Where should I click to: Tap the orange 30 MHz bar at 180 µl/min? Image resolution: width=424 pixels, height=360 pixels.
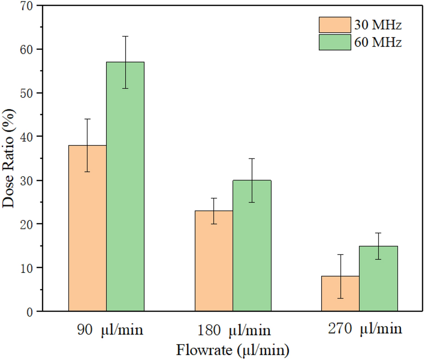tap(214, 261)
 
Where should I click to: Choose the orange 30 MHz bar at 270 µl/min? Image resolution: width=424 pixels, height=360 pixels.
tap(340, 294)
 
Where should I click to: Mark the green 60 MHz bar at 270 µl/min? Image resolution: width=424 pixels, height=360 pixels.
tap(378, 278)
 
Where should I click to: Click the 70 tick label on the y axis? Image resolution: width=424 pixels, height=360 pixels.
tap(27, 6)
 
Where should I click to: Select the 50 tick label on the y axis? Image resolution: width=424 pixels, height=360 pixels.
tap(27, 93)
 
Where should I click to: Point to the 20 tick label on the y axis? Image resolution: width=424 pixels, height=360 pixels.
tap(27, 224)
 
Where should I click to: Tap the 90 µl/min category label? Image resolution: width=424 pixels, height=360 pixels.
tap(109, 331)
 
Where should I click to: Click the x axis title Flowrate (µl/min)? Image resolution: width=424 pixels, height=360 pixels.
tap(233, 350)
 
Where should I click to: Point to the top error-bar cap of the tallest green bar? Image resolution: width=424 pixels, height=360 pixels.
tap(125, 36)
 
